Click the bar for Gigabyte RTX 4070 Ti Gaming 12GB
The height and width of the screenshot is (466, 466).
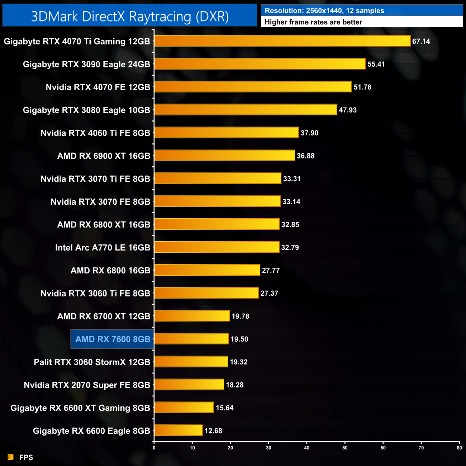[x=282, y=41]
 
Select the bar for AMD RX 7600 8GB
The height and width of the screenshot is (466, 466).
[x=191, y=339]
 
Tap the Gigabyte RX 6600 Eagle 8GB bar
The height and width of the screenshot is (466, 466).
[x=179, y=430]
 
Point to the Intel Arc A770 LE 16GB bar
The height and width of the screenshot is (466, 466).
[x=217, y=247]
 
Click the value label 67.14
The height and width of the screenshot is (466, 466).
[x=421, y=41]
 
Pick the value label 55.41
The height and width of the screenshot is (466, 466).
[x=376, y=64]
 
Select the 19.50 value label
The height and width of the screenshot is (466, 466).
[x=239, y=339]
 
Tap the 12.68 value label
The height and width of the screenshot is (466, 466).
[x=213, y=431]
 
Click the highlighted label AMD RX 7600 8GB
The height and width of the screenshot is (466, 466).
[x=113, y=339]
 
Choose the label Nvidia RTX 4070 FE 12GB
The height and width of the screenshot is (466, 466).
[x=98, y=87]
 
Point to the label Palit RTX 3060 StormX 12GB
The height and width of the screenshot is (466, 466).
[x=92, y=362]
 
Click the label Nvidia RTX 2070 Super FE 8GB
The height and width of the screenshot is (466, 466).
[x=87, y=385]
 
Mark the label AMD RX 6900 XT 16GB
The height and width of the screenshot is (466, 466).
[x=104, y=156]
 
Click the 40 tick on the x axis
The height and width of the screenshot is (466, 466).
[x=307, y=448]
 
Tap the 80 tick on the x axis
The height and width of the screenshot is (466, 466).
[x=459, y=448]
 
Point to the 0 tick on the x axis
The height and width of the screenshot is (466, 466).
[x=154, y=448]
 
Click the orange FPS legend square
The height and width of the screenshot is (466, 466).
[x=11, y=457]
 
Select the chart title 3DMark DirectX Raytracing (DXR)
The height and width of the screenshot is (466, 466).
[x=130, y=16]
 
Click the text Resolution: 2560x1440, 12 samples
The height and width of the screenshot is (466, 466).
[x=324, y=11]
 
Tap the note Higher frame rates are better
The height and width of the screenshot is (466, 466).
[x=313, y=22]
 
